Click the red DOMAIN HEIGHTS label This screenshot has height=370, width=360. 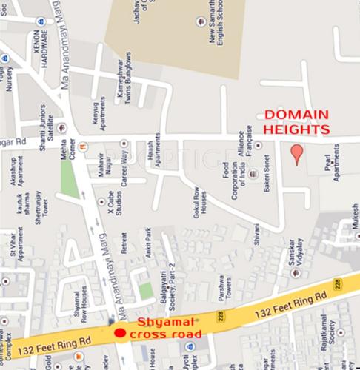(x=297, y=122)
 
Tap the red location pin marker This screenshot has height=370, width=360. (x=296, y=154)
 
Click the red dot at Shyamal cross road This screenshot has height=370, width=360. (x=119, y=333)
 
